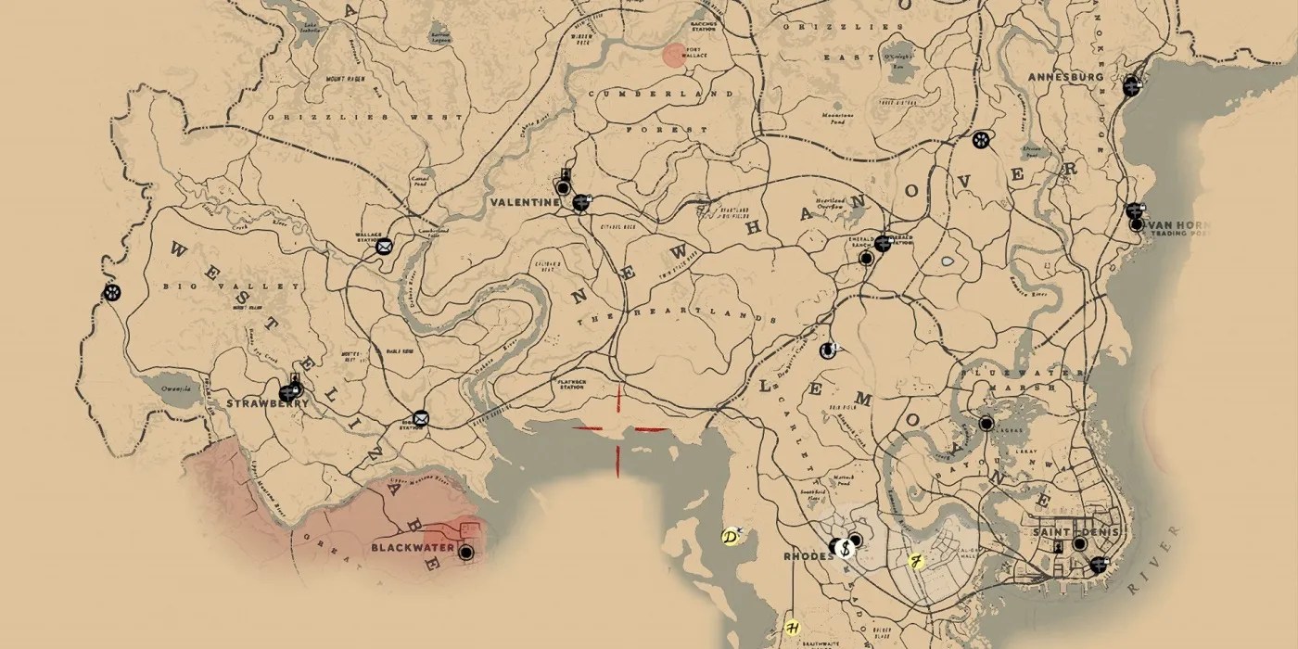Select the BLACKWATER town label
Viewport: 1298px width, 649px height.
tap(413, 549)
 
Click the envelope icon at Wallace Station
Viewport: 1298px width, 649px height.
tap(383, 246)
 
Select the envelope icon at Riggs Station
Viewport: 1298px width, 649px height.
tap(421, 419)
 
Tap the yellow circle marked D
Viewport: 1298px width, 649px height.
tap(730, 537)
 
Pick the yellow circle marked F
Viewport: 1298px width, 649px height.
tap(915, 561)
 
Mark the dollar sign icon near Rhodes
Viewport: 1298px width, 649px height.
tap(846, 547)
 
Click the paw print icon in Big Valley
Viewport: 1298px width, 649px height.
tap(112, 293)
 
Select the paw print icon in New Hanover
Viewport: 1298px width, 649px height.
tap(981, 140)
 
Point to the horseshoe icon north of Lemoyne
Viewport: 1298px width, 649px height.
tap(827, 350)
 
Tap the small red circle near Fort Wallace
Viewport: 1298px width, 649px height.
tap(674, 54)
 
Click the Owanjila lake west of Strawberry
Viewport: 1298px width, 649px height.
tap(176, 389)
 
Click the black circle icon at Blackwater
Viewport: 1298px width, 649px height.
tap(465, 552)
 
